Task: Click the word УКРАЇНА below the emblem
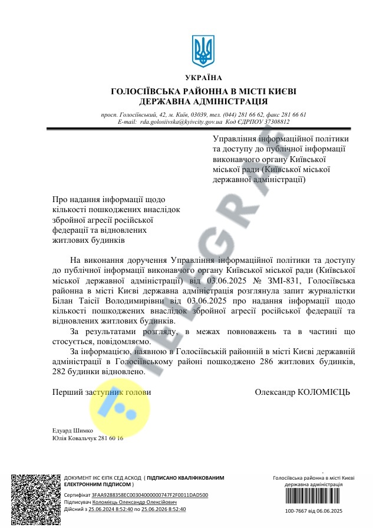[x=204, y=78]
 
